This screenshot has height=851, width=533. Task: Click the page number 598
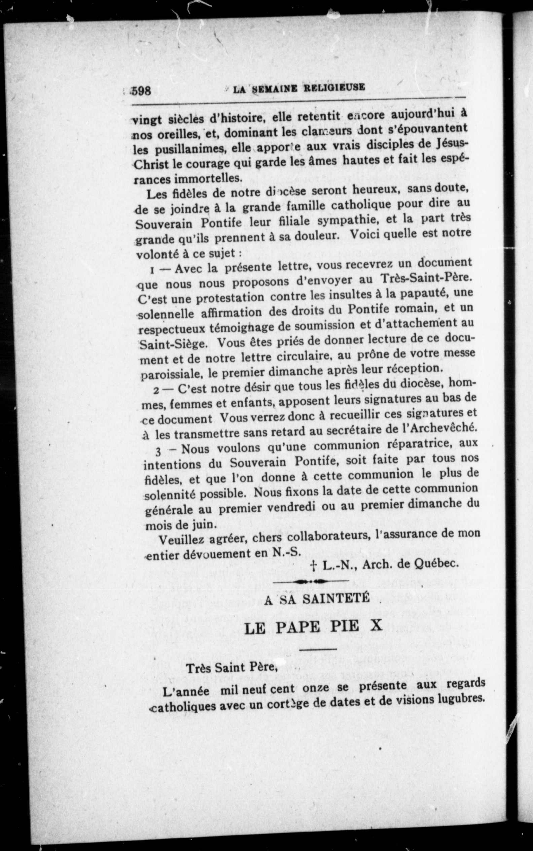pos(141,91)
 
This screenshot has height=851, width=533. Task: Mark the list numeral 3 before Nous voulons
pos(158,451)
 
